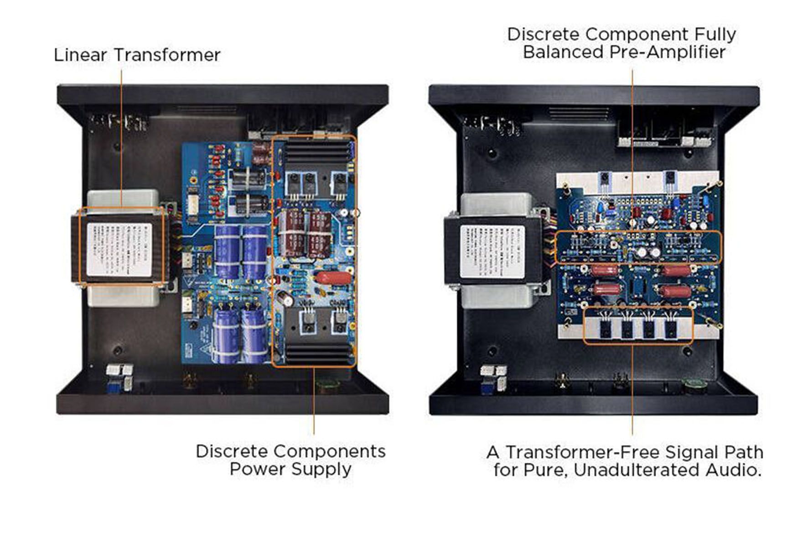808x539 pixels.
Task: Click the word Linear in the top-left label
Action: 81,55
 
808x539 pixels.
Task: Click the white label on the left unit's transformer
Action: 119,249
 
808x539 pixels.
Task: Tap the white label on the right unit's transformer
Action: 492,251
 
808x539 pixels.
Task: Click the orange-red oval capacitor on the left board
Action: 333,278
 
